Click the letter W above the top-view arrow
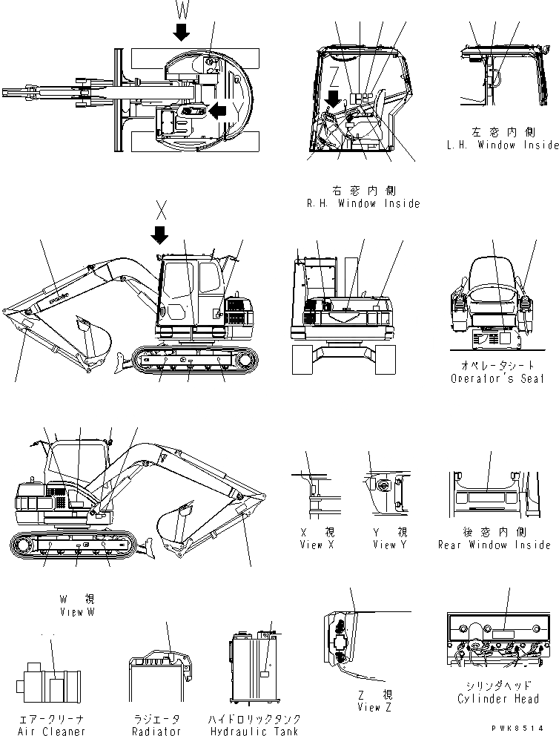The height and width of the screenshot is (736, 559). tap(182, 10)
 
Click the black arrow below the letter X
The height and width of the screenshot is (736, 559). tap(159, 234)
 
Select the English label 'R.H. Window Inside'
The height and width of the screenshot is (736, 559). tap(363, 203)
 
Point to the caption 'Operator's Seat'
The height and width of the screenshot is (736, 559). tap(497, 378)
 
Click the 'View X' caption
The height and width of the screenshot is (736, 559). tap(311, 545)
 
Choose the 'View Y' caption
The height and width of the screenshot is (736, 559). tap(384, 545)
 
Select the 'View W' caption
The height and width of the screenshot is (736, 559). tap(78, 612)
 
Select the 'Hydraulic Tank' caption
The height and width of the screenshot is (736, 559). tap(255, 732)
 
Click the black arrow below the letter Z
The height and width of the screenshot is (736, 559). tap(334, 98)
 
